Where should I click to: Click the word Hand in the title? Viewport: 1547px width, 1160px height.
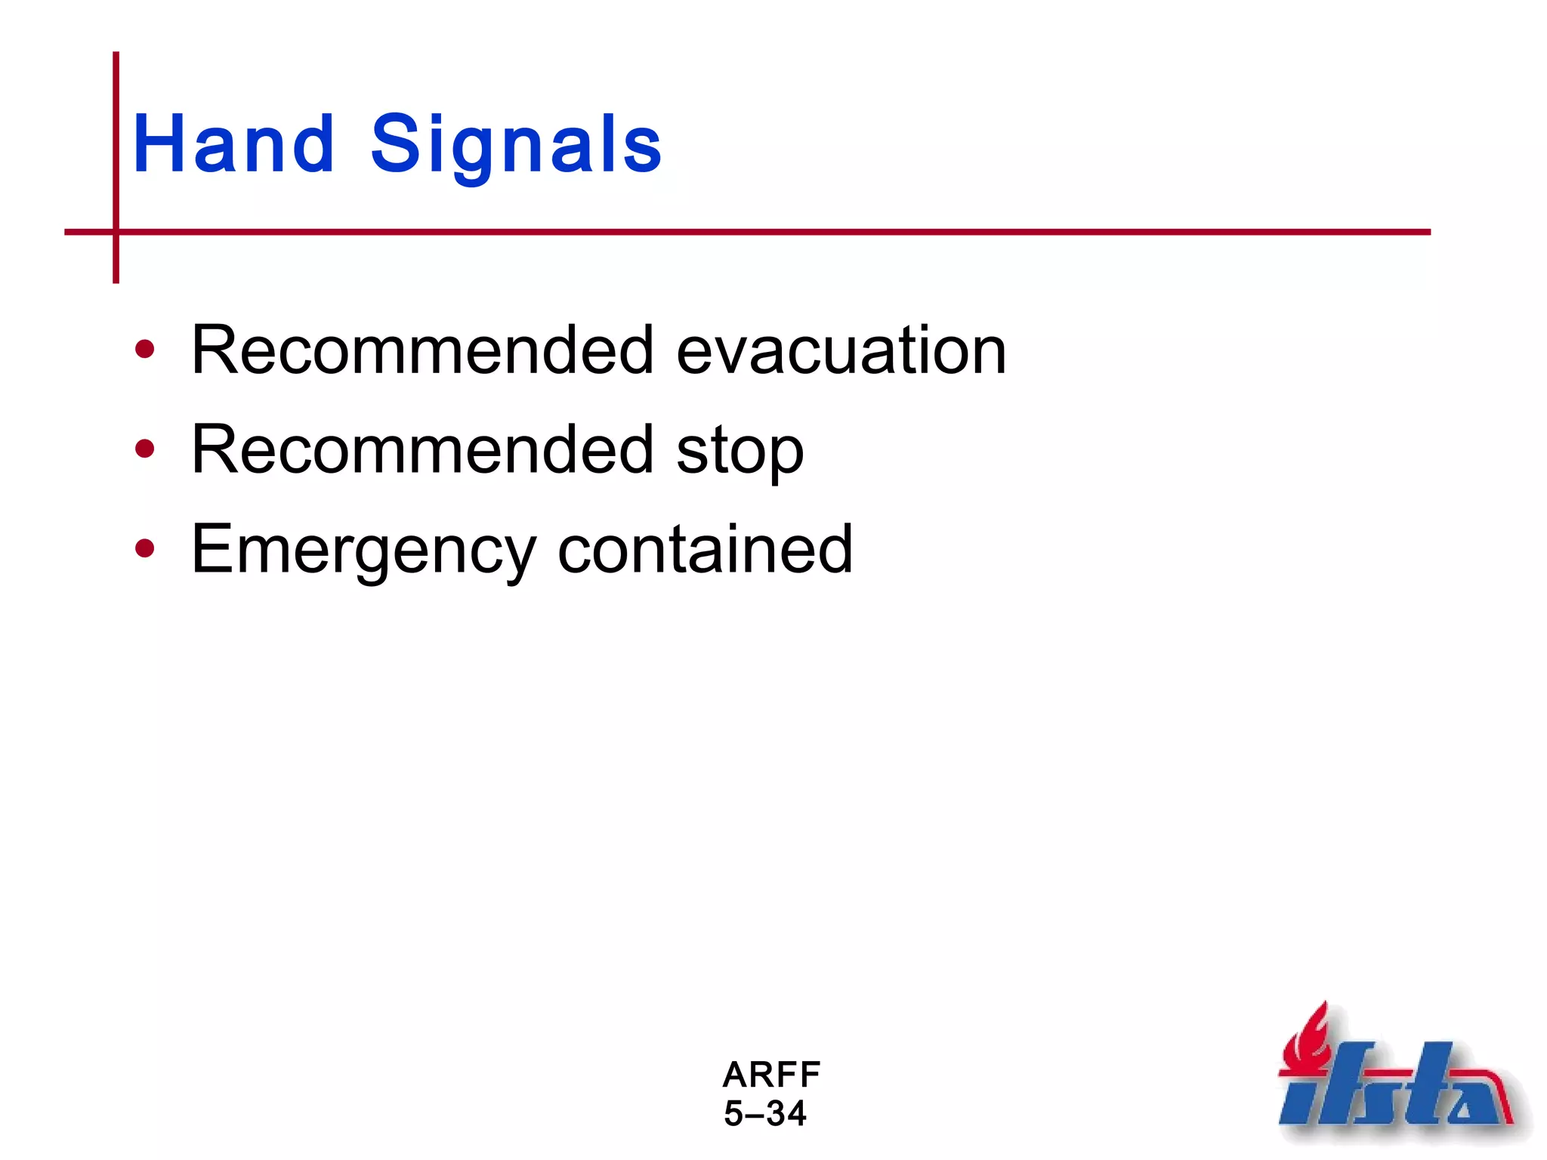click(x=233, y=143)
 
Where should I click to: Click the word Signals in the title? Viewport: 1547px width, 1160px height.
click(x=516, y=143)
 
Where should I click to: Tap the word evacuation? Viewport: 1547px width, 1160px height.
click(x=841, y=350)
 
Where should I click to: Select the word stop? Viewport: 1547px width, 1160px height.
click(x=740, y=451)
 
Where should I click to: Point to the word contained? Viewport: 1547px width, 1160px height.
click(x=704, y=550)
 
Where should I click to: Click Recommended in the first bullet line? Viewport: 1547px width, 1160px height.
click(x=422, y=350)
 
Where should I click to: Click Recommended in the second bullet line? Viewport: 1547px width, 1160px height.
click(x=422, y=449)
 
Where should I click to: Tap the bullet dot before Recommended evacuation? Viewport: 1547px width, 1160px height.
click(x=144, y=350)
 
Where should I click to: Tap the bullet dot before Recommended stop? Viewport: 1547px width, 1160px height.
click(x=144, y=449)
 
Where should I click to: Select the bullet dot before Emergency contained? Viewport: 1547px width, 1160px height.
click(x=144, y=549)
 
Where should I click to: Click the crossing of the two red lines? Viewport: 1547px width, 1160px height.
click(x=116, y=232)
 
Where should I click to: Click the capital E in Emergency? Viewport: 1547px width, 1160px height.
click(x=212, y=549)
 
